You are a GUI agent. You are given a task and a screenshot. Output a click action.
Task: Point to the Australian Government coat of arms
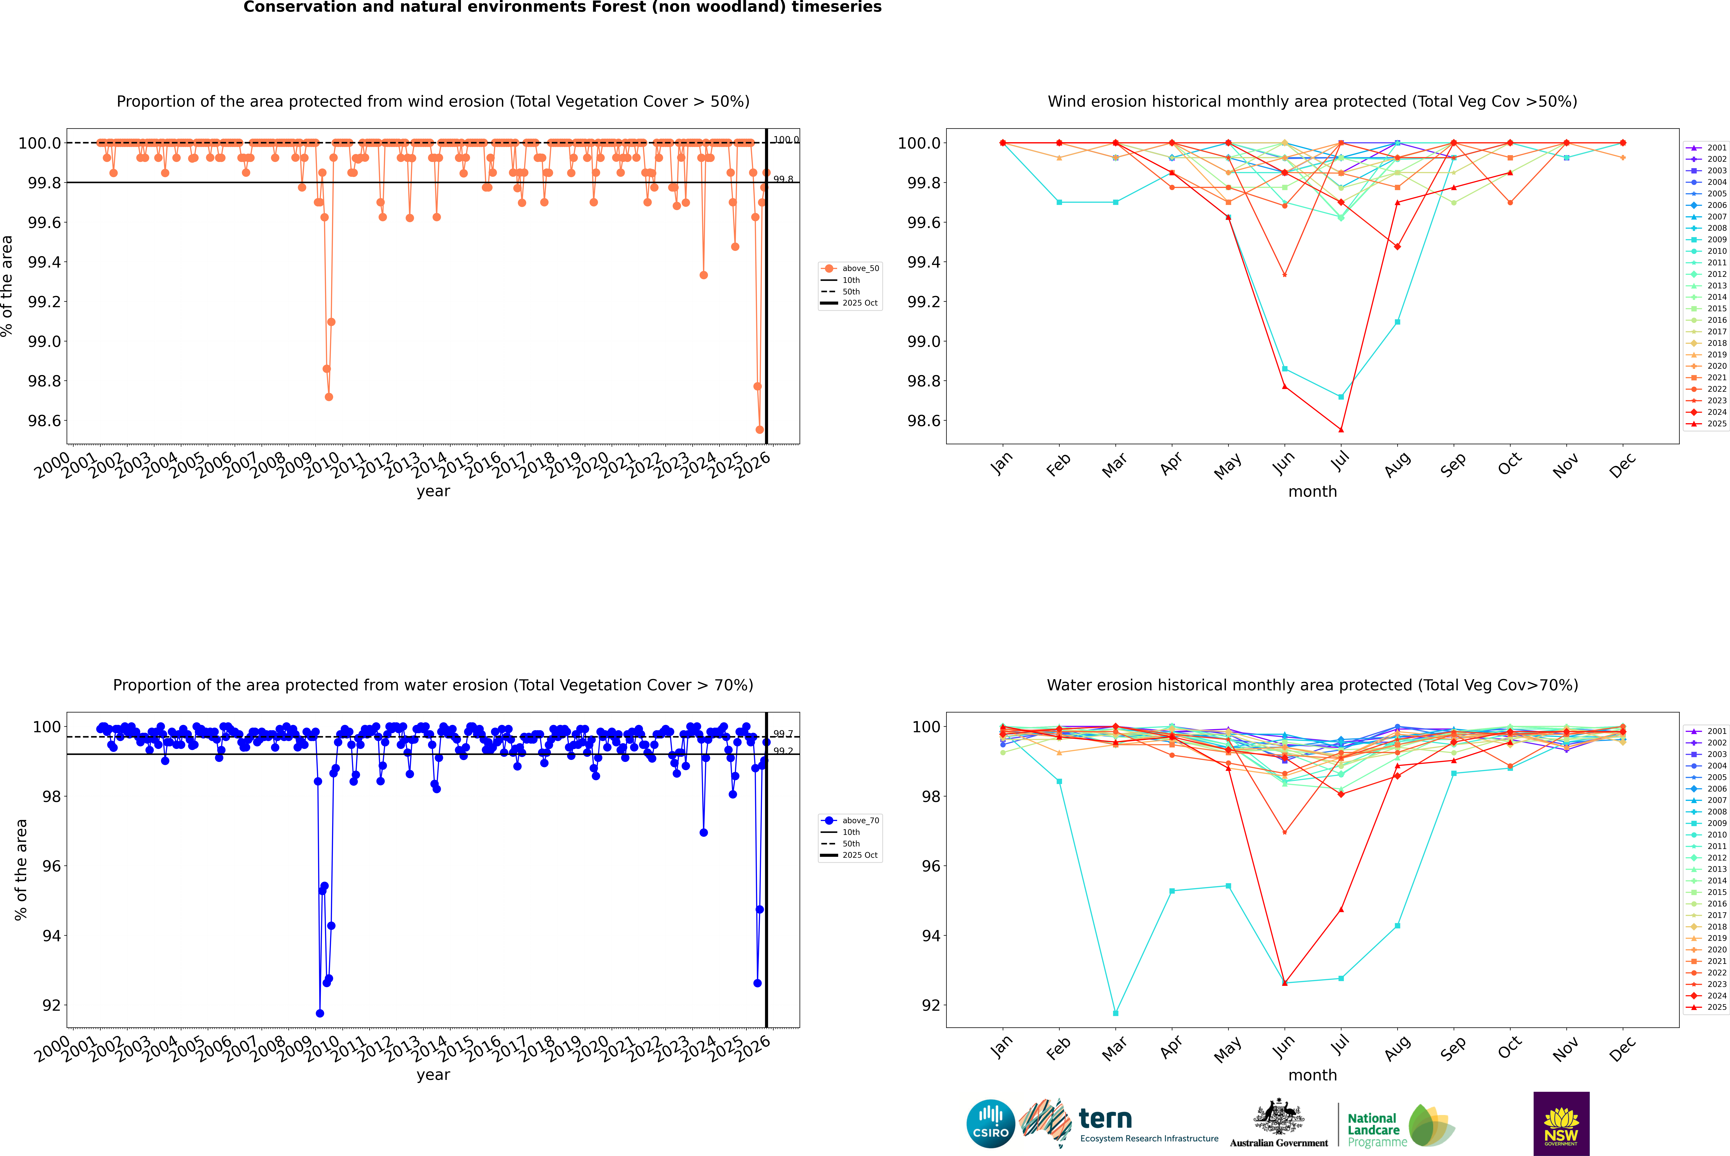[1278, 1117]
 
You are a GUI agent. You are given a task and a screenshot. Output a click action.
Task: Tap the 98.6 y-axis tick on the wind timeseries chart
[44, 421]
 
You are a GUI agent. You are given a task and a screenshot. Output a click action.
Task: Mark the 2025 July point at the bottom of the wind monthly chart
[1341, 430]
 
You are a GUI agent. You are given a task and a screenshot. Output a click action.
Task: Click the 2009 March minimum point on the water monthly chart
[1115, 1013]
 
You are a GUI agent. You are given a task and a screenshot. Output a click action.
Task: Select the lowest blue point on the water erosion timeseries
[319, 1013]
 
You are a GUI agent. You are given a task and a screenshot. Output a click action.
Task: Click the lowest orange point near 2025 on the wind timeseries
[759, 430]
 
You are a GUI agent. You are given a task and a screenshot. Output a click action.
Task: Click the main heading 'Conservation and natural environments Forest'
[562, 7]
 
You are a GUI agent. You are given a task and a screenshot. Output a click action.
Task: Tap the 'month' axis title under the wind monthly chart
[1312, 492]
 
